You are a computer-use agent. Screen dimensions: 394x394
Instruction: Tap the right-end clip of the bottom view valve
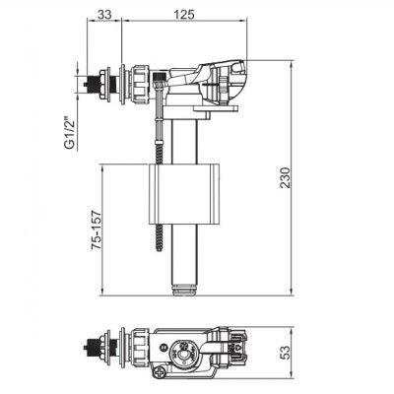236,352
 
